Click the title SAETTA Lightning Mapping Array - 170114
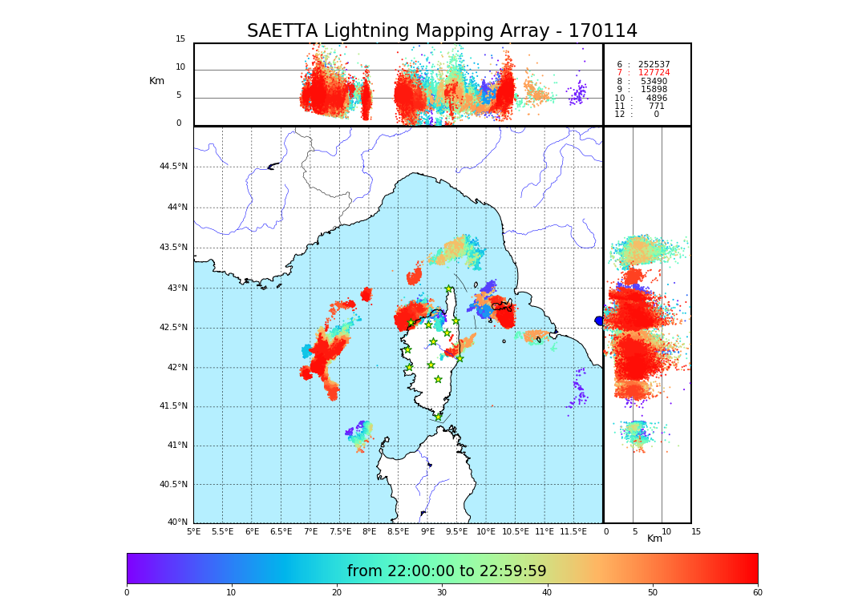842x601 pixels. (x=442, y=31)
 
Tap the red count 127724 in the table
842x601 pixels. (x=654, y=73)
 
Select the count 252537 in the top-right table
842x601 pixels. (x=654, y=64)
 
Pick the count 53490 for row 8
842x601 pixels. (x=654, y=82)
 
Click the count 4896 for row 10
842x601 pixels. (x=656, y=99)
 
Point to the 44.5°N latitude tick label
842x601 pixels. (x=173, y=167)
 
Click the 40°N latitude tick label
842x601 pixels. (x=177, y=522)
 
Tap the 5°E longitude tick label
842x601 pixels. (x=194, y=531)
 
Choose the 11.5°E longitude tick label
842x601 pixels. (x=573, y=531)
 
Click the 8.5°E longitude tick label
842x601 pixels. (x=399, y=531)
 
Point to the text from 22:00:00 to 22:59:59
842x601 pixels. (x=447, y=571)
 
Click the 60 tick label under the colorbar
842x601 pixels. (x=757, y=592)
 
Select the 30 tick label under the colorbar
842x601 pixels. (x=442, y=592)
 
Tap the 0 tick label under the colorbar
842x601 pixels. (x=127, y=592)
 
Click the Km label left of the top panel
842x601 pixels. (x=157, y=81)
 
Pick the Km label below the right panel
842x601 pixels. (x=655, y=538)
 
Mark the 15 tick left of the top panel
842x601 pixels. (x=180, y=39)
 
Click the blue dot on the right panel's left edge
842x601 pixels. (x=599, y=321)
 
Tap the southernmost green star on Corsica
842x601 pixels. (x=438, y=417)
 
